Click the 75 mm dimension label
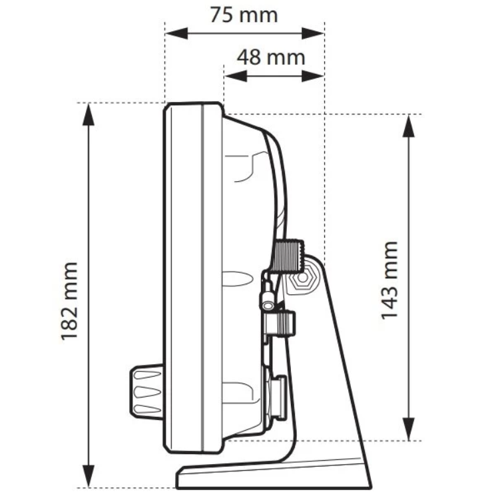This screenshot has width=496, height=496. click(x=244, y=15)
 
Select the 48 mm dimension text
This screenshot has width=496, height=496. click(x=272, y=57)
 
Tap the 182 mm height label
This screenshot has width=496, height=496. click(x=70, y=301)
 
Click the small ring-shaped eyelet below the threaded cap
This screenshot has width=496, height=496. click(x=269, y=305)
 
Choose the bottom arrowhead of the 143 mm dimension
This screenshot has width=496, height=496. click(x=407, y=433)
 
